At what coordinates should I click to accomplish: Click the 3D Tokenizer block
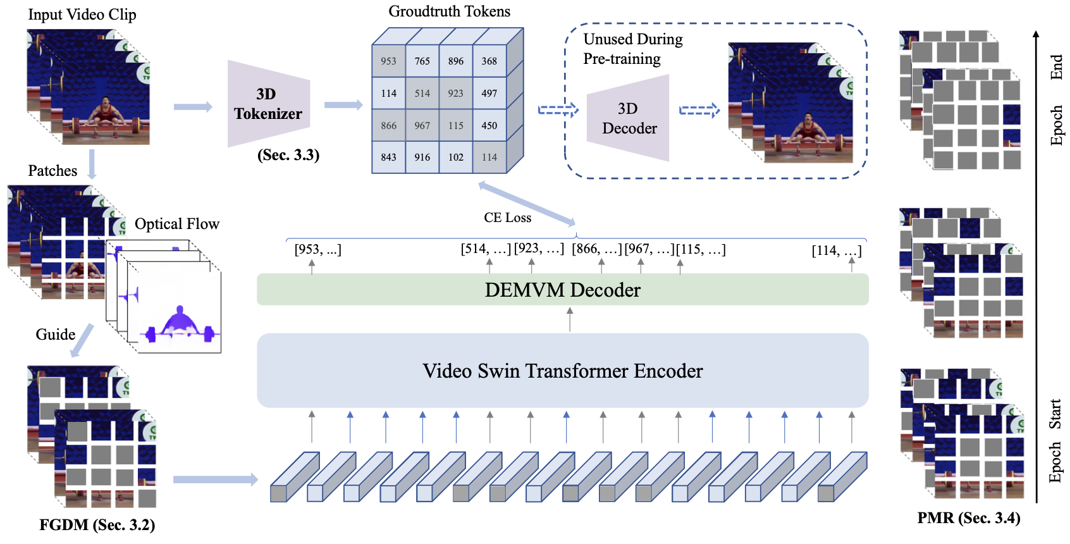[x=269, y=104]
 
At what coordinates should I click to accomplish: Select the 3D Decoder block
[x=628, y=118]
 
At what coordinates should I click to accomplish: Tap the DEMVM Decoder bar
[x=563, y=290]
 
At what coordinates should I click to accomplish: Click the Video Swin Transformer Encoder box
[x=563, y=371]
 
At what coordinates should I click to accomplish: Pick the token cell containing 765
[x=422, y=61]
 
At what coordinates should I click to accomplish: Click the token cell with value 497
[x=489, y=93]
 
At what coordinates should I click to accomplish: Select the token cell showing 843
[x=389, y=157]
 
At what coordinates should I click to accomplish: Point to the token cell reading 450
[x=489, y=125]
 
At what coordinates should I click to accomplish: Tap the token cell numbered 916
[x=422, y=157]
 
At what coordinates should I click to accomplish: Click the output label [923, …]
[x=539, y=249]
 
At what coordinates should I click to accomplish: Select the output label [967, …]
[x=649, y=249]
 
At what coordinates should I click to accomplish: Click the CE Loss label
[x=507, y=218]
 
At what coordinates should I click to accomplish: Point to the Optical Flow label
[x=176, y=223]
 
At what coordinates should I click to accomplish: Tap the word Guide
[x=56, y=335]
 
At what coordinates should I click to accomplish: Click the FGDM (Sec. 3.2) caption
[x=97, y=524]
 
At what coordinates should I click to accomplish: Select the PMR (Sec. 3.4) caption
[x=969, y=517]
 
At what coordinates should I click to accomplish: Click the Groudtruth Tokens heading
[x=450, y=11]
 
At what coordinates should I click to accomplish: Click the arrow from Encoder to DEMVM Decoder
[x=570, y=319]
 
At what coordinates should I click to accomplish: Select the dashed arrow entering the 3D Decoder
[x=558, y=110]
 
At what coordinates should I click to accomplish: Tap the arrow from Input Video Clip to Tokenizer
[x=193, y=106]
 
